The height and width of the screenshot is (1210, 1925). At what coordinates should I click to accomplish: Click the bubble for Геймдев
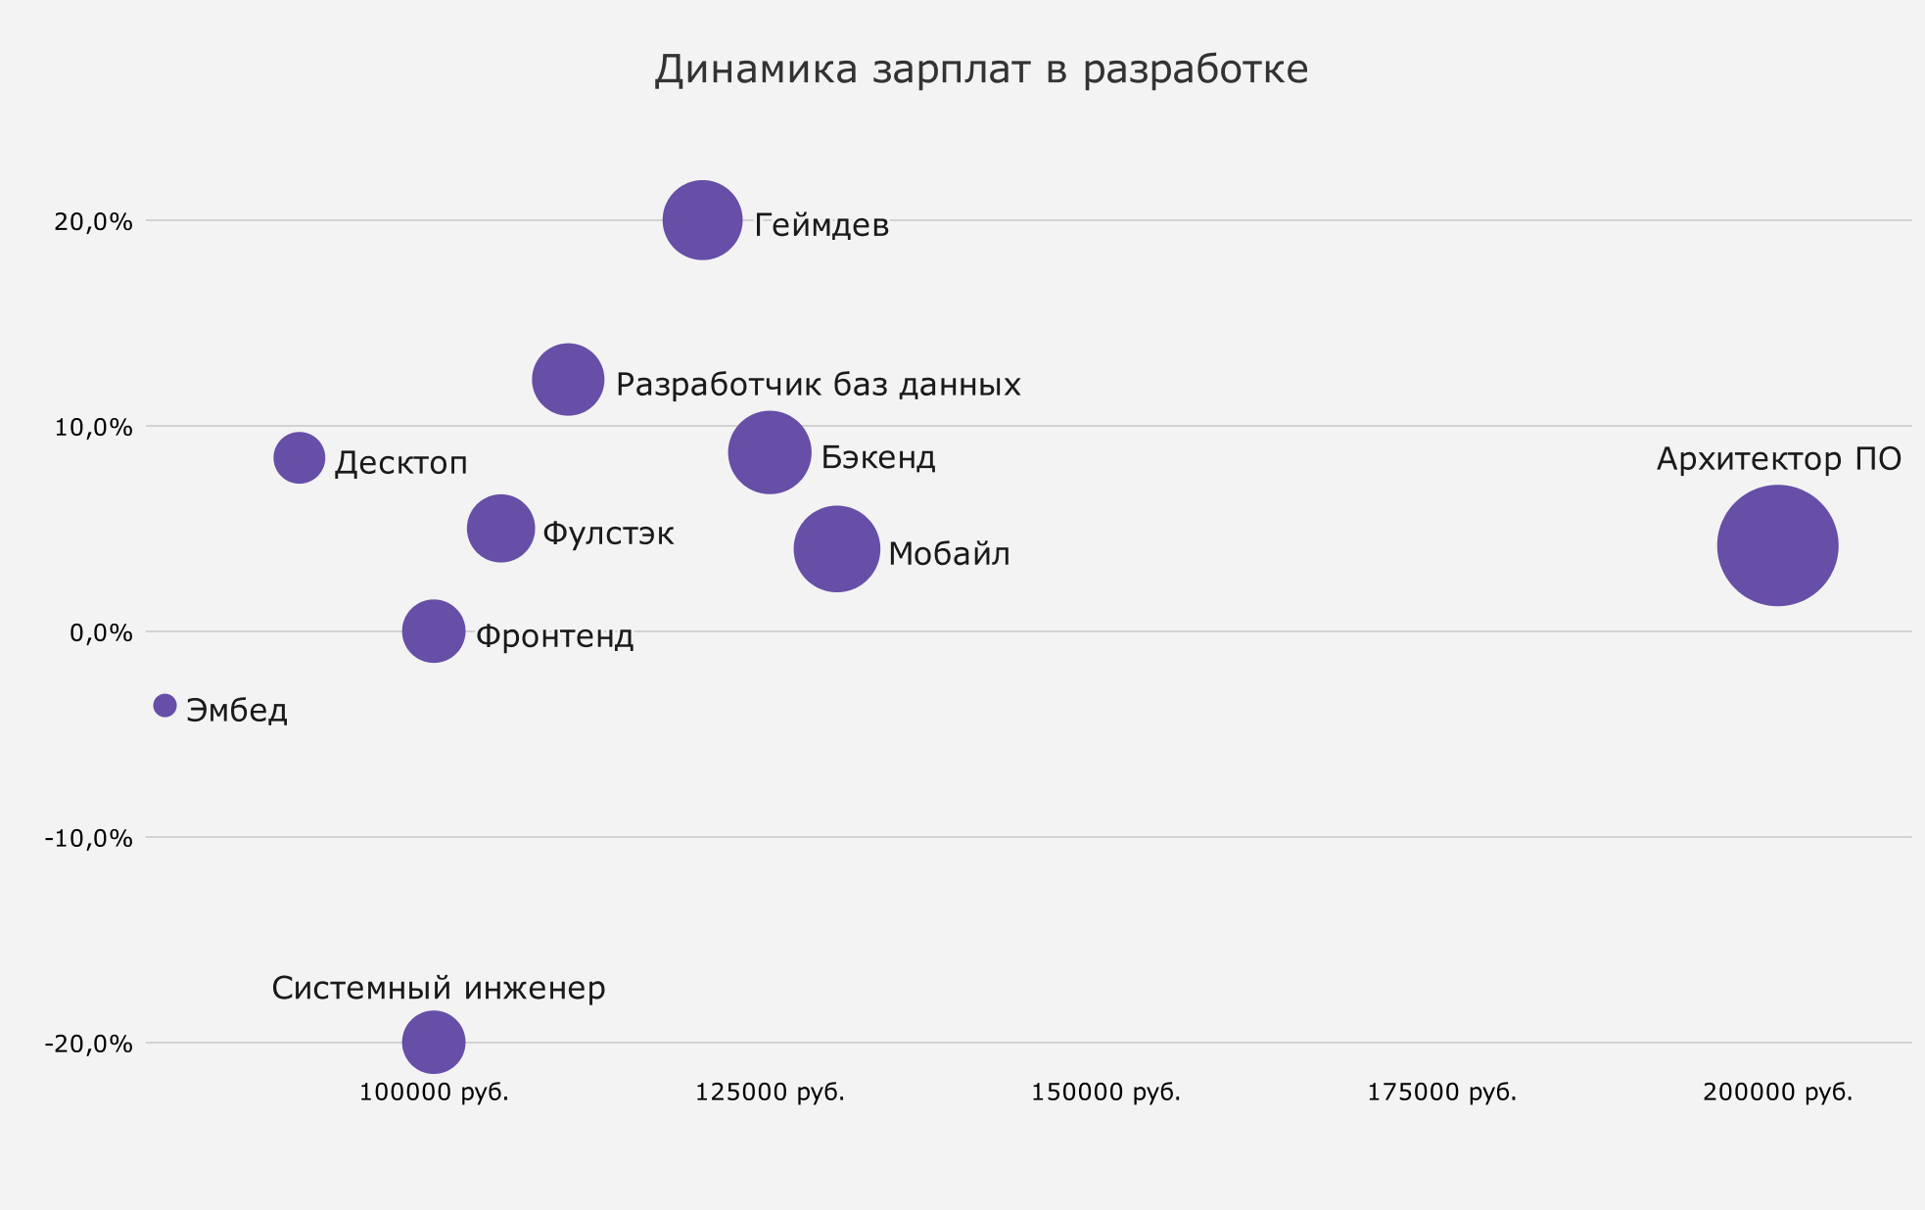pyautogui.click(x=702, y=220)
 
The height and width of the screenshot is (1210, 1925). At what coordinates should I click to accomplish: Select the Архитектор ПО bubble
pyautogui.click(x=1777, y=545)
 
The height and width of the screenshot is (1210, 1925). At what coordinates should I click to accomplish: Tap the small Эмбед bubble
pyautogui.click(x=164, y=705)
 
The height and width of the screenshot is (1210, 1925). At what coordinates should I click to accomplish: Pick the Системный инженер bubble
pyautogui.click(x=433, y=1043)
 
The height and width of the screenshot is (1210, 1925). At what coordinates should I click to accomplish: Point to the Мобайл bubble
pyautogui.click(x=836, y=548)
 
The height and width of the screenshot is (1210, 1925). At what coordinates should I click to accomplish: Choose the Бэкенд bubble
pyautogui.click(x=770, y=452)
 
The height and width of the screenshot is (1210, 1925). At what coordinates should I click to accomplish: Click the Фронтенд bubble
pyautogui.click(x=433, y=631)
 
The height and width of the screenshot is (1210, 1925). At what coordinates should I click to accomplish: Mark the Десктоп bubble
pyautogui.click(x=299, y=457)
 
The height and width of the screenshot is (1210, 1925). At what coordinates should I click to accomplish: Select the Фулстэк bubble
pyautogui.click(x=500, y=529)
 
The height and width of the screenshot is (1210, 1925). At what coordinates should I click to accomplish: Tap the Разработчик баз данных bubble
pyautogui.click(x=568, y=380)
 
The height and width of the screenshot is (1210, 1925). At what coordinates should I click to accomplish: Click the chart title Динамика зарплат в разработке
pyautogui.click(x=981, y=70)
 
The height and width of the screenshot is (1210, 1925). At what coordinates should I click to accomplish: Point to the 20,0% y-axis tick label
pyautogui.click(x=93, y=222)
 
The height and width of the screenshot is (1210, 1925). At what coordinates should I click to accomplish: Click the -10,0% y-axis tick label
pyautogui.click(x=88, y=839)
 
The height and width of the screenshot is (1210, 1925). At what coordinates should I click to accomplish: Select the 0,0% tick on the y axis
pyautogui.click(x=101, y=633)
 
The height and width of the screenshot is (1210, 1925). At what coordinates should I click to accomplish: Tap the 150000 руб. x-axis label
pyautogui.click(x=1105, y=1093)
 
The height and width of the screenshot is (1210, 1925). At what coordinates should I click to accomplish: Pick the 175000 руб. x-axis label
pyautogui.click(x=1441, y=1093)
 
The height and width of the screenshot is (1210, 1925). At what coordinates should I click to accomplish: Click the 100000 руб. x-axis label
pyautogui.click(x=434, y=1093)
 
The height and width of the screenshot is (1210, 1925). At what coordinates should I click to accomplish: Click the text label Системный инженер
pyautogui.click(x=439, y=988)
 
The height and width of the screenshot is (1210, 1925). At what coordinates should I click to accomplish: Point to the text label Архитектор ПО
pyautogui.click(x=1779, y=459)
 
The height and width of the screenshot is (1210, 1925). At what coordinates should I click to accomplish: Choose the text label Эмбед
pyautogui.click(x=237, y=710)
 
